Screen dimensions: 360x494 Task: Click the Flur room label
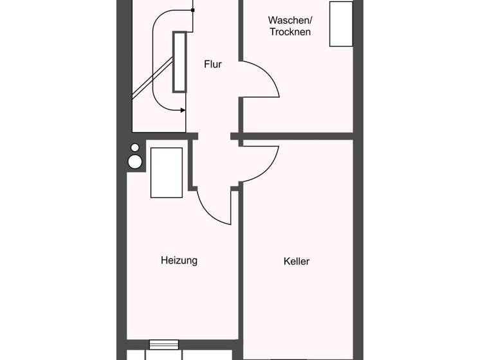click(x=213, y=64)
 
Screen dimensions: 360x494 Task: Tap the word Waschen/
click(x=290, y=20)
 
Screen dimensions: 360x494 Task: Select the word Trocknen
click(x=290, y=32)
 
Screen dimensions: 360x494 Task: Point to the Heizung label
click(x=179, y=260)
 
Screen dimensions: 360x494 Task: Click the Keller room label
click(x=297, y=261)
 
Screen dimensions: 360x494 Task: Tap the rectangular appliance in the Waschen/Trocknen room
click(x=341, y=24)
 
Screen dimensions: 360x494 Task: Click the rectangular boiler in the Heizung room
click(x=166, y=172)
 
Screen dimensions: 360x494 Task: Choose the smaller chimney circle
click(x=135, y=148)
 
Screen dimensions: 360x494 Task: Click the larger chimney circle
click(x=135, y=161)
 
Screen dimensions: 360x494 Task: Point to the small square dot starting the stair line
click(x=193, y=10)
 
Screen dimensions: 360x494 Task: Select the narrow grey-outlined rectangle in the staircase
click(x=179, y=61)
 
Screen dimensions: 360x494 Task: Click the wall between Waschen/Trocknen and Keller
click(x=296, y=136)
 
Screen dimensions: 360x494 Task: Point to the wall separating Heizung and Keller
click(x=239, y=270)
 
